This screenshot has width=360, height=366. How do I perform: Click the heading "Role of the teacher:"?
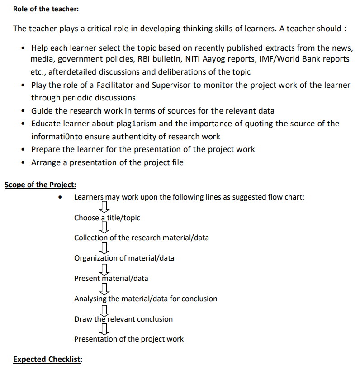(40, 9)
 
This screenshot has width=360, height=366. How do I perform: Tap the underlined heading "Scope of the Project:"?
(40, 185)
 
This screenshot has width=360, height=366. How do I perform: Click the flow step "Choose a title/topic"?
(107, 218)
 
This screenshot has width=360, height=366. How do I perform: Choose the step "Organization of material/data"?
(124, 258)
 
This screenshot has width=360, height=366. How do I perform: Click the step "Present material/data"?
(111, 278)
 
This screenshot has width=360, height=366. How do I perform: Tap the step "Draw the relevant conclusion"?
(123, 319)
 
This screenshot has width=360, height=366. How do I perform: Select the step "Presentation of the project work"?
(129, 339)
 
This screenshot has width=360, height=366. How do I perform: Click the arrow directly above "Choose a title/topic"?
(104, 207)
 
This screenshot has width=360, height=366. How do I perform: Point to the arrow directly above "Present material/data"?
(104, 268)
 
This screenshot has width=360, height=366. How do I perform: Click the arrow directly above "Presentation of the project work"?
(104, 329)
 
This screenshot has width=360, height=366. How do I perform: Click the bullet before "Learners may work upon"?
(60, 198)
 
